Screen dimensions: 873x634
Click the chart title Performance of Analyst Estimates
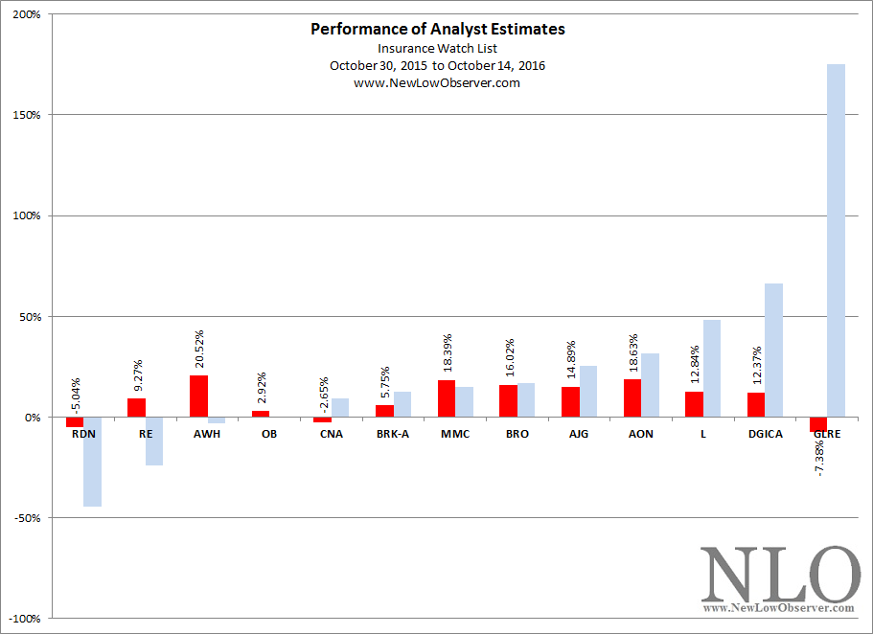[x=438, y=29]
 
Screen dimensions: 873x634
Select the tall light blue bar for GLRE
[x=836, y=240]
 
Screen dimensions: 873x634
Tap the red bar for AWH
[x=198, y=396]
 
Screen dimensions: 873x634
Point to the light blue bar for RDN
[x=92, y=462]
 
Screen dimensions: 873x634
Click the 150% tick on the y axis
[x=27, y=115]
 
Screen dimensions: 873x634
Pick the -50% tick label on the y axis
[x=27, y=518]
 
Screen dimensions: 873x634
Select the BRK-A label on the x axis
[x=393, y=434]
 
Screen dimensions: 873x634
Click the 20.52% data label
[x=199, y=349]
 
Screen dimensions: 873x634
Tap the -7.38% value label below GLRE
[x=819, y=458]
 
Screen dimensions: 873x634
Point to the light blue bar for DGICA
[x=774, y=351]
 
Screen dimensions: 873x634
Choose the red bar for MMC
[x=447, y=398]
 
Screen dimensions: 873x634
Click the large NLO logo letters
[x=779, y=574]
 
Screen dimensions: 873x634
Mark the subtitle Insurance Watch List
[x=437, y=49]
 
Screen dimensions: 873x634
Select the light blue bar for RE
[x=154, y=442]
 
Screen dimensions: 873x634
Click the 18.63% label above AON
[x=633, y=352]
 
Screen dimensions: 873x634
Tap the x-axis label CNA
[x=332, y=434]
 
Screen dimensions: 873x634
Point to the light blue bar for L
[x=712, y=369]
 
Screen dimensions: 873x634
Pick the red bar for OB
[x=261, y=414]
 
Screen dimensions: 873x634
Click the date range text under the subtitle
[x=437, y=66]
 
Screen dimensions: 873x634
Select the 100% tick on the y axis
[x=27, y=216]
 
